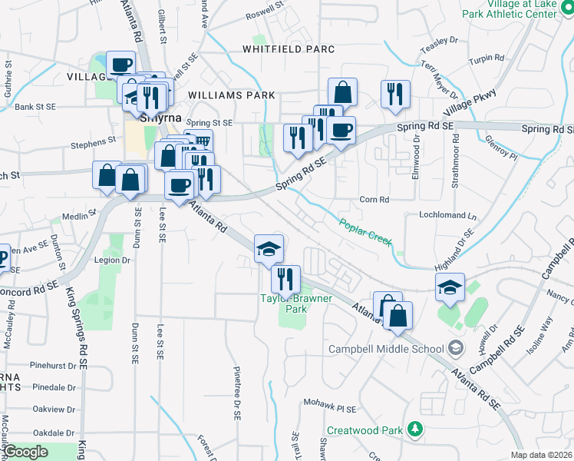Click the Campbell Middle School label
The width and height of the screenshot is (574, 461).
386,349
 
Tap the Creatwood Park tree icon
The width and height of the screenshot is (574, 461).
415,429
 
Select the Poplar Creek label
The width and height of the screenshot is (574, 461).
366,230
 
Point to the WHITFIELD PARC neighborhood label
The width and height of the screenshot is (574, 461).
289,49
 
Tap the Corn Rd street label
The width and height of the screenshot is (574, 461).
375,200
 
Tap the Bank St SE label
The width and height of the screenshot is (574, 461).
32,108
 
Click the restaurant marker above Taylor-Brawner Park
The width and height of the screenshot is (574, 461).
285,280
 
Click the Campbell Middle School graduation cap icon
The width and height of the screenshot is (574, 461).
456,349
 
